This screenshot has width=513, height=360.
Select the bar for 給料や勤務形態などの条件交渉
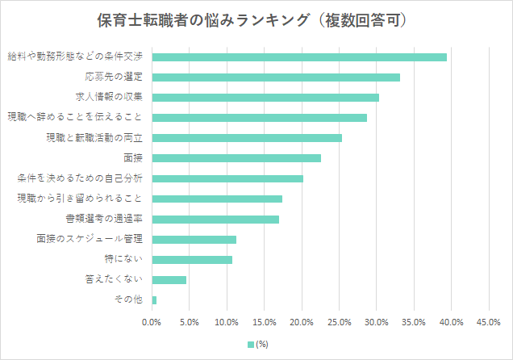pos(299,57)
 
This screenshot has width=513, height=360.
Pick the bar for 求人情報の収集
pos(265,98)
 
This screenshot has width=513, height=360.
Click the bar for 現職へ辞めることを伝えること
pos(259,118)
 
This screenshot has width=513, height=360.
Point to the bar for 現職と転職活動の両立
pos(247,138)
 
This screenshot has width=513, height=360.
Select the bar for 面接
pos(236,158)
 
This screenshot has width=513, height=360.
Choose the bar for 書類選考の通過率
pos(215,219)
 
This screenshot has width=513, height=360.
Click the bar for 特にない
pos(192,260)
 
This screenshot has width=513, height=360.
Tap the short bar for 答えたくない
pos(169,280)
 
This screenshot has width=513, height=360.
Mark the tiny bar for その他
pos(154,300)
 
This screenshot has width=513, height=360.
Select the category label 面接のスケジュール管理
pos(90,239)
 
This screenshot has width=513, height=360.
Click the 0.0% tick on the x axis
pos(152,322)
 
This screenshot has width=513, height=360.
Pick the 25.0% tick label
pos(339,322)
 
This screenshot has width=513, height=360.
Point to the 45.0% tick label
pos(489,322)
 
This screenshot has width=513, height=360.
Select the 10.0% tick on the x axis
pos(227,322)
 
